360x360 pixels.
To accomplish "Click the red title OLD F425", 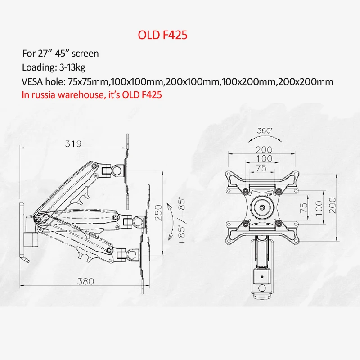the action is (x=162, y=35).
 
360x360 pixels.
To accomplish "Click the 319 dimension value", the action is (x=73, y=144).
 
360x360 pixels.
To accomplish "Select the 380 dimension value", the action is (x=85, y=281).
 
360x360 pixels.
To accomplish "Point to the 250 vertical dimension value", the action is (x=158, y=212).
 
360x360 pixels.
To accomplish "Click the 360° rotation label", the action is (x=265, y=130).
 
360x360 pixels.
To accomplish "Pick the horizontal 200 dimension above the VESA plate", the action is (x=264, y=150).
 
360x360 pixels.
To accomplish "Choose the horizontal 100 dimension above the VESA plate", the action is (x=264, y=159).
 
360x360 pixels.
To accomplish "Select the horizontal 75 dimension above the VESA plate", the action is (x=261, y=168).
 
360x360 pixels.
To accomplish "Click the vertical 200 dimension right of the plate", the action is (x=333, y=205).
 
